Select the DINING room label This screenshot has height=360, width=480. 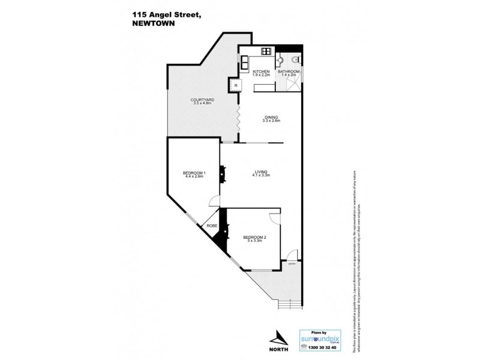[271, 118]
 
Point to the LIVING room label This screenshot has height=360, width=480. [261, 172]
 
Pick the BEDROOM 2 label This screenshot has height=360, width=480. [254, 238]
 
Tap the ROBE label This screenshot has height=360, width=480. [212, 226]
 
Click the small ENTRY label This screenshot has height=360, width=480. [292, 263]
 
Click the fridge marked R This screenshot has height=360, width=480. [236, 85]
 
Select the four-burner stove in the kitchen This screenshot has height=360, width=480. [265, 52]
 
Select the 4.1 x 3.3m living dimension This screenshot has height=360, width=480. [262, 176]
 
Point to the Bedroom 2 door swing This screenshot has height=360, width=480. [275, 218]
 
